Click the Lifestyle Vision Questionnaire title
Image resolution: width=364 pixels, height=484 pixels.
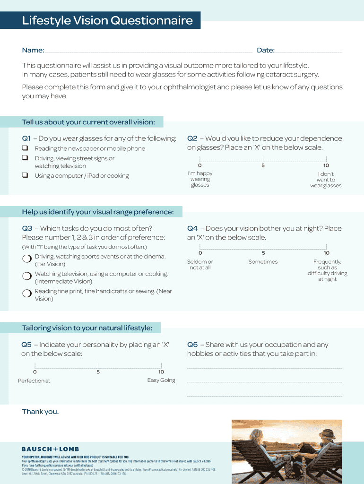107,21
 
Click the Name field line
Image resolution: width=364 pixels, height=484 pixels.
148,51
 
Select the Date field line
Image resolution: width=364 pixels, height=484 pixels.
308,51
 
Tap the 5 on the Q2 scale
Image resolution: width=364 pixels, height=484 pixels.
263,165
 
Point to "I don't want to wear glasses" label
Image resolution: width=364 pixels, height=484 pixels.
326,180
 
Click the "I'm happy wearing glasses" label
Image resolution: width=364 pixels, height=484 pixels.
200,179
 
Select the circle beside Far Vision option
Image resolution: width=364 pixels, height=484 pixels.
26,259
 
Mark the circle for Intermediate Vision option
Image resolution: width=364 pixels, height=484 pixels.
26,276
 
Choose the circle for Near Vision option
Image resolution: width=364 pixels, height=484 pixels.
26,294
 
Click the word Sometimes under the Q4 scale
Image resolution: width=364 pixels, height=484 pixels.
263,262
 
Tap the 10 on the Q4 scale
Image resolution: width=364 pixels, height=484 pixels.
326,253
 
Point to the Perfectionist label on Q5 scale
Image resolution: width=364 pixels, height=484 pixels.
34,380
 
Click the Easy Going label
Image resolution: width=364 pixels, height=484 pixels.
161,380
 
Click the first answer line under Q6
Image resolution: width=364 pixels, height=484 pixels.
264,368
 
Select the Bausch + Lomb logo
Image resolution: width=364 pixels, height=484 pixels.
50,449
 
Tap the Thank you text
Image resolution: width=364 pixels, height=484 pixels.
40,412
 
